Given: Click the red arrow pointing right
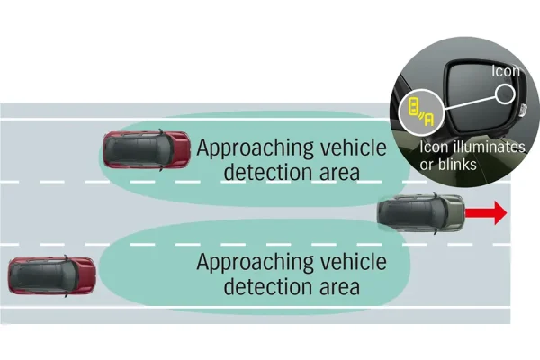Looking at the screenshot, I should point(489,213).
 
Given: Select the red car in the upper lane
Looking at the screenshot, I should point(147,148).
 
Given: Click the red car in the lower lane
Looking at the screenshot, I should point(51,274).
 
